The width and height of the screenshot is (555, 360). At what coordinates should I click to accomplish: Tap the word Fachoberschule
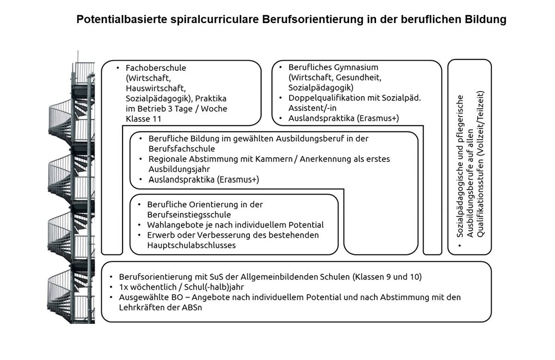click(155, 68)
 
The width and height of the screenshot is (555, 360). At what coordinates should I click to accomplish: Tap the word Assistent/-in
click(311, 108)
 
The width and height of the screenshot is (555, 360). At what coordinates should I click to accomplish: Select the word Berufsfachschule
click(181, 149)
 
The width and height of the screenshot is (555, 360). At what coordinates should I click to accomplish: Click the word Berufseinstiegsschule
click(189, 215)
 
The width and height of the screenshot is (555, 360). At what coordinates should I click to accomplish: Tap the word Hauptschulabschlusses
click(191, 245)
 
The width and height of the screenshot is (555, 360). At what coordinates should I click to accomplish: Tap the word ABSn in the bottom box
click(192, 307)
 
